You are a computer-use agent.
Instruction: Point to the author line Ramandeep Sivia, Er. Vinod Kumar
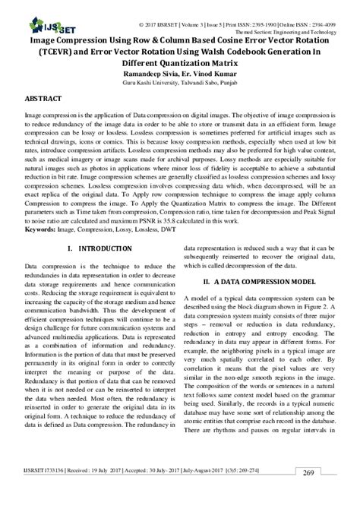click(x=179, y=66)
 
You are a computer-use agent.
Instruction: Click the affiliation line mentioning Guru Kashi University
click(x=179, y=77)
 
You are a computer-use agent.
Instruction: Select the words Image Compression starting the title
click(x=62, y=33)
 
